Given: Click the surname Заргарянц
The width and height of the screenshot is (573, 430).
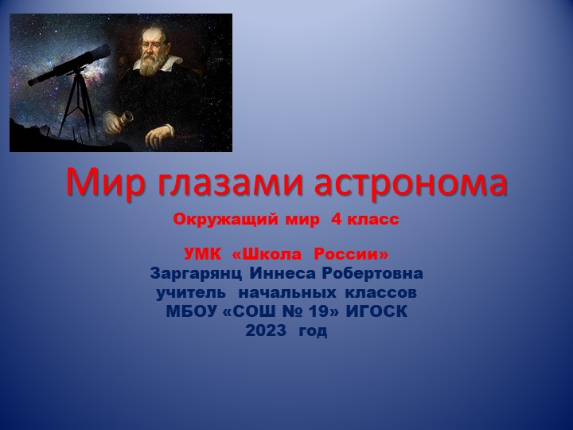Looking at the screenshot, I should pyautogui.click(x=198, y=273).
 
